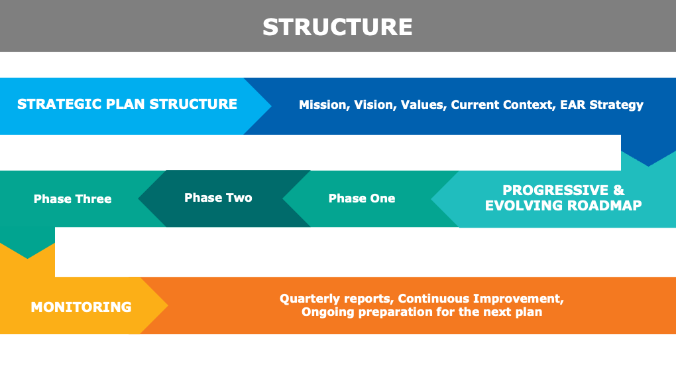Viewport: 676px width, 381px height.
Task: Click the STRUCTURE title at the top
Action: (x=337, y=27)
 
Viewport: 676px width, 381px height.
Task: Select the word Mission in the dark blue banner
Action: (x=323, y=105)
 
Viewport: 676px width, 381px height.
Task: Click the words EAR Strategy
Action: (x=602, y=105)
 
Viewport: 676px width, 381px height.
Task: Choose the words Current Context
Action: (x=502, y=105)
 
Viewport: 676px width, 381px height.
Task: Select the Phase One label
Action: (x=362, y=198)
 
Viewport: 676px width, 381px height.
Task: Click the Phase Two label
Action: (x=218, y=198)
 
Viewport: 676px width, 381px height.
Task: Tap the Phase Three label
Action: (x=72, y=199)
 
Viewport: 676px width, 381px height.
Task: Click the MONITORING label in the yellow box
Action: (x=81, y=307)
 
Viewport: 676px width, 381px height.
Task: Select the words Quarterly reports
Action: (x=336, y=299)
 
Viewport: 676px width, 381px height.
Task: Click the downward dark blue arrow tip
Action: (x=648, y=159)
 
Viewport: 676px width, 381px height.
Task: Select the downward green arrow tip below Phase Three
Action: (x=28, y=252)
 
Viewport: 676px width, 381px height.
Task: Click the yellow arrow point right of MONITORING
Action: (x=162, y=305)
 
